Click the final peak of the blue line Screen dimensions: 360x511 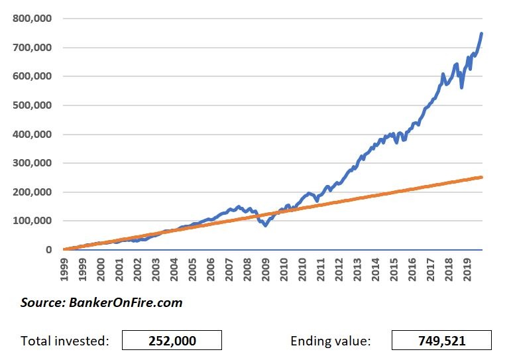481,33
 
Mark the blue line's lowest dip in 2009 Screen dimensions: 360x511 265,225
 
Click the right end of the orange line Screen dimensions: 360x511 481,177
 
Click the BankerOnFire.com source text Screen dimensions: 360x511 101,303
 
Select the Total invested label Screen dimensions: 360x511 65,341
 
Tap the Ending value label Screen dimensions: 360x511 330,341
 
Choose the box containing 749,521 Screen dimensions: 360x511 442,341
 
